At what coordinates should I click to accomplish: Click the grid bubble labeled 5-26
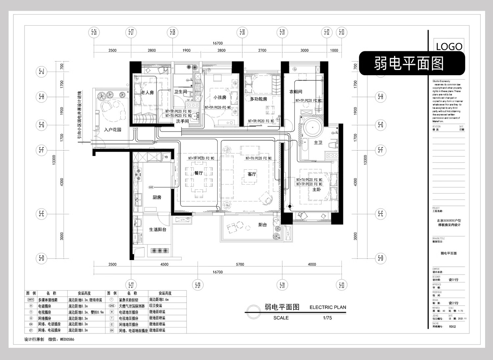(94, 32)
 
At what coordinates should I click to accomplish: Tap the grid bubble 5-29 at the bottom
(198, 285)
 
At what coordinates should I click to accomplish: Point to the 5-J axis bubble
(41, 71)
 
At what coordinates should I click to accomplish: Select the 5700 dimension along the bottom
(240, 264)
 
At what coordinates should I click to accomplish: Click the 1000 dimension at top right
(334, 50)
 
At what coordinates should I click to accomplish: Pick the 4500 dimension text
(164, 264)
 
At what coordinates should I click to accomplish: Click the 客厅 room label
(252, 174)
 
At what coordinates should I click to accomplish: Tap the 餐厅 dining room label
(199, 173)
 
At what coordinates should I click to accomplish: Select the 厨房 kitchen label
(157, 197)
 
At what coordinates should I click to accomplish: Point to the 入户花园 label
(113, 130)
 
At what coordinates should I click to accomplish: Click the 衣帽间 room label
(295, 92)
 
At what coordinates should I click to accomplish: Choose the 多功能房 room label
(258, 99)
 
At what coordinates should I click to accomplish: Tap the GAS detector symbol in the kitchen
(151, 187)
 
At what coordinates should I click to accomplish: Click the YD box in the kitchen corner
(166, 157)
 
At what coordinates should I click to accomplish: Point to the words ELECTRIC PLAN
(328, 307)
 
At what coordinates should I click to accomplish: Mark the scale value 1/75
(327, 318)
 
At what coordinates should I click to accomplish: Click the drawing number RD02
(452, 326)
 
